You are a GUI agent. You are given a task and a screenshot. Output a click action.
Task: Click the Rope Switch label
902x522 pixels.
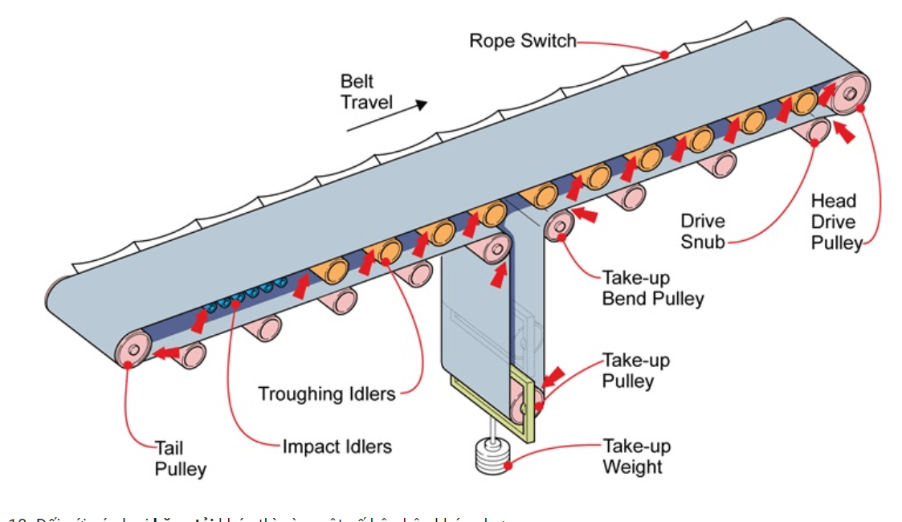[x=523, y=40]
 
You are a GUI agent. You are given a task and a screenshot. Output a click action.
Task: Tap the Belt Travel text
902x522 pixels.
[x=366, y=92]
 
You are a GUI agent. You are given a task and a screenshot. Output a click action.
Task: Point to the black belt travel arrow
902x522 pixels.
[x=386, y=116]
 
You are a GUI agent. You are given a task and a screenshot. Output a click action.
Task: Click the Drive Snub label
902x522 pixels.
[x=702, y=230]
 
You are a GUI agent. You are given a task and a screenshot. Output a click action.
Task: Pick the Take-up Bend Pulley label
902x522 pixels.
[x=652, y=288]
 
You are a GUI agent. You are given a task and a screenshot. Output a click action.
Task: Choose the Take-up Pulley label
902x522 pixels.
[x=635, y=370]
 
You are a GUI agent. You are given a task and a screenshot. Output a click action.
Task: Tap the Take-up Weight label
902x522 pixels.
[x=636, y=456]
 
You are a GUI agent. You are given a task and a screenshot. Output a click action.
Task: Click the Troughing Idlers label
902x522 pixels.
[x=327, y=394]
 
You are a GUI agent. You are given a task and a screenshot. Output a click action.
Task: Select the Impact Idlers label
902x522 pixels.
[x=337, y=446]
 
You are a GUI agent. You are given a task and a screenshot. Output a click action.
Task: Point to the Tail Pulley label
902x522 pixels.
[x=180, y=458]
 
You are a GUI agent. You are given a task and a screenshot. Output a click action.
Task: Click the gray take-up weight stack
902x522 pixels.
[x=488, y=458]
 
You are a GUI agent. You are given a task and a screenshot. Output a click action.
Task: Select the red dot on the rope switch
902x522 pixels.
[x=664, y=55]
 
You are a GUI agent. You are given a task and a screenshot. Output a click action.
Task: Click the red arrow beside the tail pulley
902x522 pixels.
[x=167, y=352]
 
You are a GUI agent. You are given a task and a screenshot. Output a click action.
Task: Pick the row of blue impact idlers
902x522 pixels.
[x=246, y=295]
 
